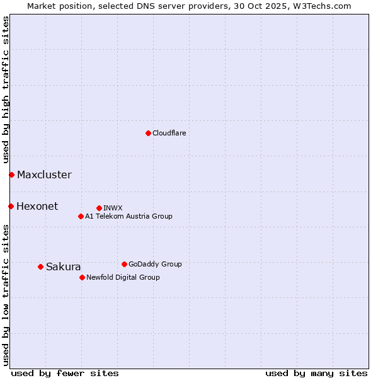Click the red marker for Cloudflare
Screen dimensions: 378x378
148,133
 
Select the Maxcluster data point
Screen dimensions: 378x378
11,175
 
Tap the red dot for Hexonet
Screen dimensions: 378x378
11,206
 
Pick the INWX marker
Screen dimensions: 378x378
99,208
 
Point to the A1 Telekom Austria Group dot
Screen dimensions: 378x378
81,216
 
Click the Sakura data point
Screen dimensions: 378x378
40,266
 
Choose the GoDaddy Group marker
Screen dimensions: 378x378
124,264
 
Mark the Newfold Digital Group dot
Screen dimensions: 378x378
82,277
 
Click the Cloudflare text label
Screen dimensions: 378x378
169,133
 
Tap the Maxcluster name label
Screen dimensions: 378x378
44,175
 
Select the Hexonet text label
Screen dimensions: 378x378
37,206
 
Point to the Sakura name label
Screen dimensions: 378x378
63,266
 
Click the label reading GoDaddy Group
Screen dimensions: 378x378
155,264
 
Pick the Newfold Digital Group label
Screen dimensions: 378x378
123,277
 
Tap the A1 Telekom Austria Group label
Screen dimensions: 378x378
129,216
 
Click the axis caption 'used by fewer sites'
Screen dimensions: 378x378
65,373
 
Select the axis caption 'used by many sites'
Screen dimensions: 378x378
316,373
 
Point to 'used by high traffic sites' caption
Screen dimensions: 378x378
6,89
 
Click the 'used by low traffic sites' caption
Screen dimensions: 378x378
6,295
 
